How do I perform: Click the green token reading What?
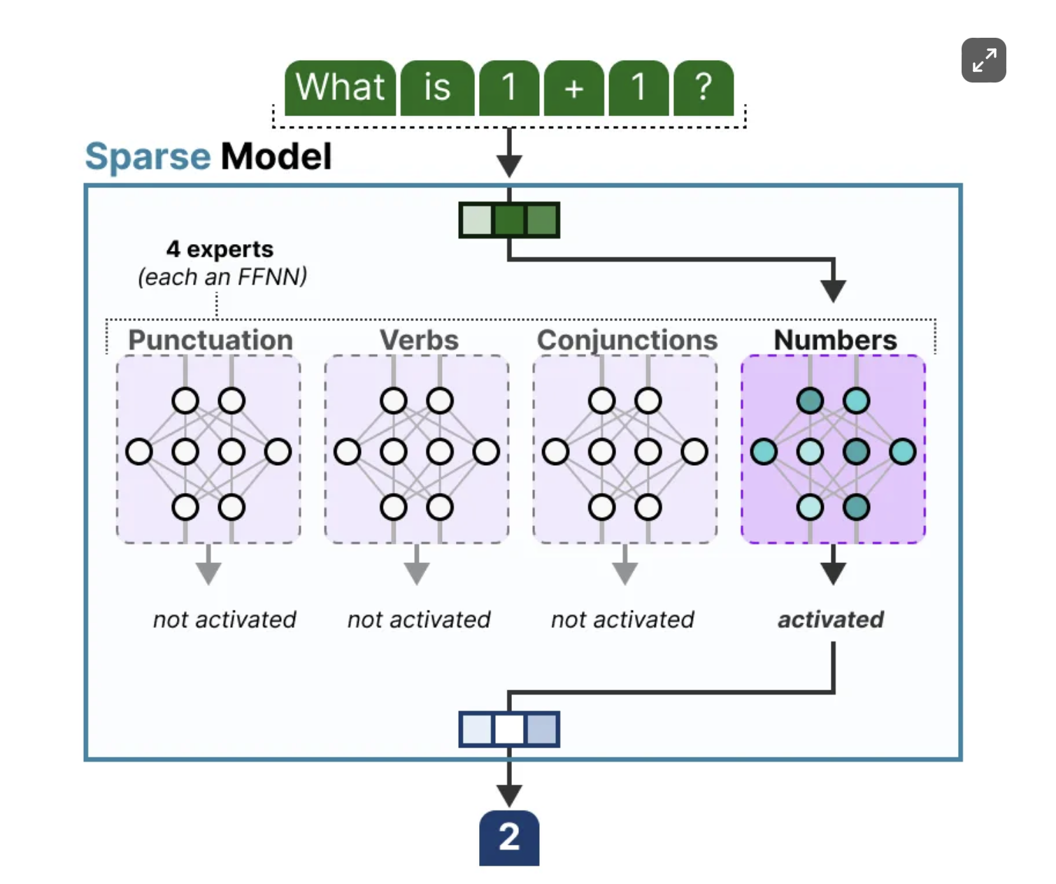coord(341,88)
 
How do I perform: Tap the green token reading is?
coord(437,88)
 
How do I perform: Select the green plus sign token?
coord(573,88)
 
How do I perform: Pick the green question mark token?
coord(703,88)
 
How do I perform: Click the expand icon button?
coord(983,60)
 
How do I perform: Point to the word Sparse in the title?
coord(148,157)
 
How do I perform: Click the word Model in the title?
coord(276,157)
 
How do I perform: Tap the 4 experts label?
coord(220,249)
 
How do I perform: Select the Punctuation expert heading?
coord(210,340)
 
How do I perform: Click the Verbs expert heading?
coord(419,340)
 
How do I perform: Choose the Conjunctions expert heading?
coord(627,340)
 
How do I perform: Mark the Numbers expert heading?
coord(835,340)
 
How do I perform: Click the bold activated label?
coord(831,620)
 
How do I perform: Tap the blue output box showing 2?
coord(509,838)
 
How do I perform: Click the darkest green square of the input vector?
coord(509,220)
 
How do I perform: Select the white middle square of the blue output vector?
coord(509,729)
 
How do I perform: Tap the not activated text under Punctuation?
coord(224,620)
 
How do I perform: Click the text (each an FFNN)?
coord(222,277)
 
